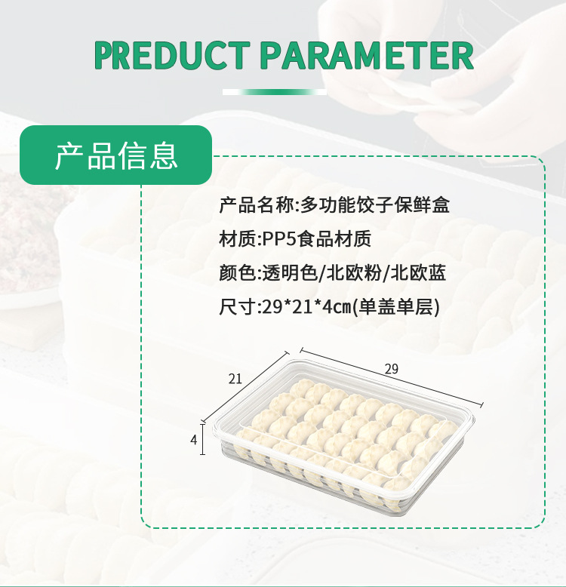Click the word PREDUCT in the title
point(172,56)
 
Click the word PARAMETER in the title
point(367,56)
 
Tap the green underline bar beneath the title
point(275,92)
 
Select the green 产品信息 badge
point(116,155)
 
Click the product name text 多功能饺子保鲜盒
point(375,204)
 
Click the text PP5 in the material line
point(279,239)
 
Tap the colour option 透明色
point(289,272)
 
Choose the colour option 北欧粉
point(353,272)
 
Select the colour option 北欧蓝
point(418,272)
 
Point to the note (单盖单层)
point(396,307)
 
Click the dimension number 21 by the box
point(235,380)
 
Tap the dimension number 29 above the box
point(392,369)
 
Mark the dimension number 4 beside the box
point(193,440)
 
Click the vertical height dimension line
point(203,440)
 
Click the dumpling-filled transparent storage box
point(343,435)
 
